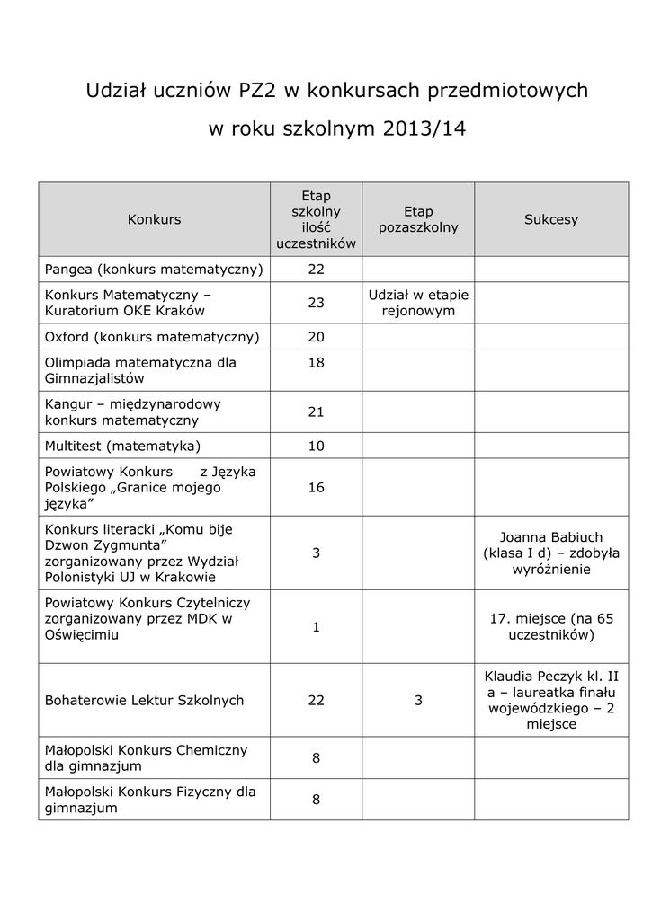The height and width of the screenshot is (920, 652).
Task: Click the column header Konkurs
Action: [154, 219]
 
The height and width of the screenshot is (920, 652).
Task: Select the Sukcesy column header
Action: [551, 219]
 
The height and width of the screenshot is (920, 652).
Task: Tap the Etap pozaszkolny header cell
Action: [418, 219]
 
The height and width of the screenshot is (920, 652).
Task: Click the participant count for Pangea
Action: [316, 270]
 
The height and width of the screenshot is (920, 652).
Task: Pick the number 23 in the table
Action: [316, 303]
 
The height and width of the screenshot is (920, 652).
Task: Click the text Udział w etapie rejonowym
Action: [418, 303]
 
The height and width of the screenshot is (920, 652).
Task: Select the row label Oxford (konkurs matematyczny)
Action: [152, 337]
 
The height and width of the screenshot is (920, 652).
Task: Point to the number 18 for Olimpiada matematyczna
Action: [316, 363]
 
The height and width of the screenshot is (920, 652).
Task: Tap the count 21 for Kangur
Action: [316, 411]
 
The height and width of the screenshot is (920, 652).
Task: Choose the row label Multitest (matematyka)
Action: [122, 446]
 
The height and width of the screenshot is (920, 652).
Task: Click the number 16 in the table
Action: [316, 488]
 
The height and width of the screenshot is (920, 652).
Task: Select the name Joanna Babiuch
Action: [551, 536]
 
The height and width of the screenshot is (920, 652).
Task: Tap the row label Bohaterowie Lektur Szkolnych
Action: [144, 701]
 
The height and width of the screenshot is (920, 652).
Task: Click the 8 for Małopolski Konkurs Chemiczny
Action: [316, 758]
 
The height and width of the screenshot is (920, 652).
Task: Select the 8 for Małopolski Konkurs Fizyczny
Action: [316, 800]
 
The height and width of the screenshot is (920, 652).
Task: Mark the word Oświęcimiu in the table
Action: [81, 634]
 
